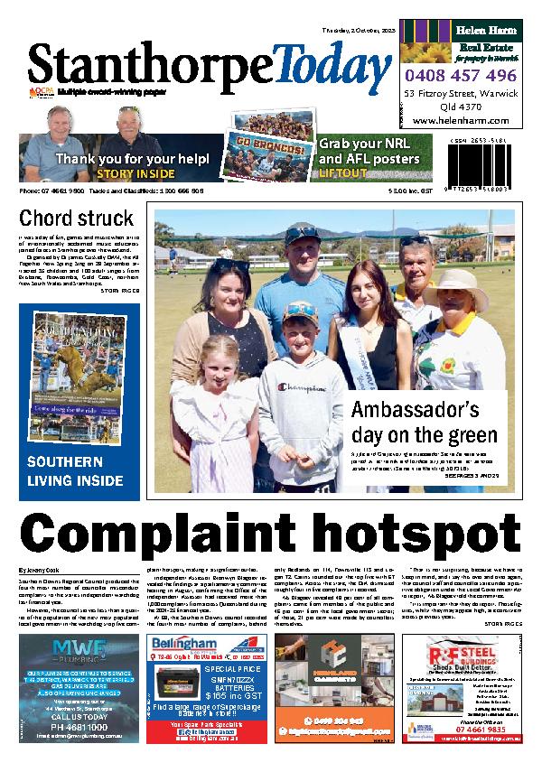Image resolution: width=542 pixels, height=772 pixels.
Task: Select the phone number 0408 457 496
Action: (462, 75)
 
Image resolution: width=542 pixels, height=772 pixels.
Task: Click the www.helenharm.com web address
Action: (462, 120)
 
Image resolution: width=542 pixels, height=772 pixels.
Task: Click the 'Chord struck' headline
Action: (76, 218)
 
